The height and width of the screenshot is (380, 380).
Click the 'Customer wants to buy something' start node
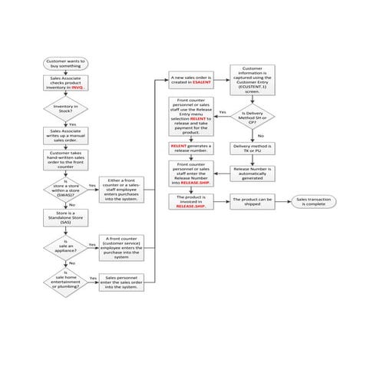66,64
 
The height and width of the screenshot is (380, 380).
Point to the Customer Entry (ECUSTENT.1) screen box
253,80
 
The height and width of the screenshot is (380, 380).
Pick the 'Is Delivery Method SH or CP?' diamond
253,114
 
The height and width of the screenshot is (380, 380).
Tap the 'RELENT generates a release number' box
191,147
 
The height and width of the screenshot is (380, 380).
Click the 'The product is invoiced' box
191,202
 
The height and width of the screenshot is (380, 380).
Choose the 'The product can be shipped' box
253,201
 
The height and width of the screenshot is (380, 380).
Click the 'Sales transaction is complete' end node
315,201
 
